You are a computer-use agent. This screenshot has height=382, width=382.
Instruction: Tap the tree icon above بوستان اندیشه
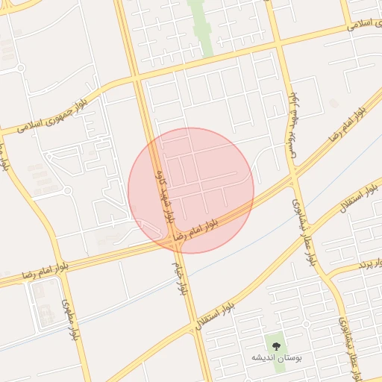coord(277,347)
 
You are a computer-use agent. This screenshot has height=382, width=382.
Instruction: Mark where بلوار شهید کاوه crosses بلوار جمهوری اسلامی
coord(137,77)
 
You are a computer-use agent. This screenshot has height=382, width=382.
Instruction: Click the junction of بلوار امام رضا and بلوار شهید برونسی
coord(292,178)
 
